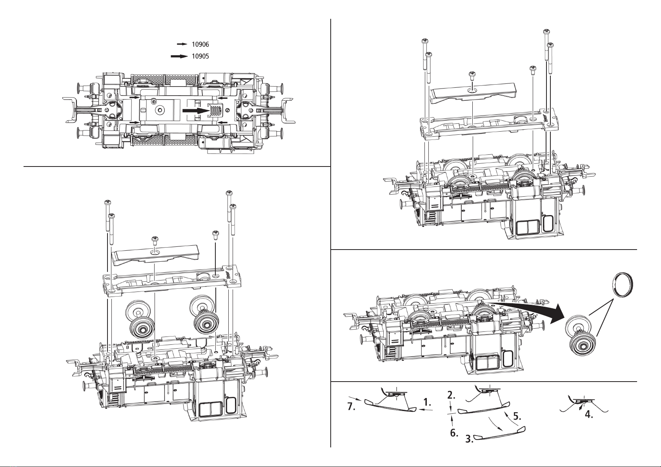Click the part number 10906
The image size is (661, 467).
point(200,45)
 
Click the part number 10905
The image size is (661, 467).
point(200,56)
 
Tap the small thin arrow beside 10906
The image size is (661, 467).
point(182,44)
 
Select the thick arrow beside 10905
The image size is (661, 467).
point(179,56)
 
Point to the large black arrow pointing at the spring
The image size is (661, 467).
point(196,110)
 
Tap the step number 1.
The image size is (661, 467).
point(427,402)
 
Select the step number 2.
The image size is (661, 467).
point(451,395)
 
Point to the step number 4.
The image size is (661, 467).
point(589,415)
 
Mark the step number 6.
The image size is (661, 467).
point(454,433)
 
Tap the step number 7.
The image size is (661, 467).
point(351,407)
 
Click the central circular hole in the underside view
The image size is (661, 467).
point(160,110)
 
